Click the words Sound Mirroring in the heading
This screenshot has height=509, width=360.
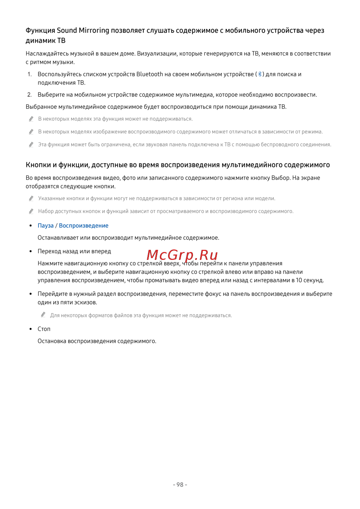pos(83,31)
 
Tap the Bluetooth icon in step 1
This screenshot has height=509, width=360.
pos(260,74)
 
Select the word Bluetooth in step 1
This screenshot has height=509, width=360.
pos(150,74)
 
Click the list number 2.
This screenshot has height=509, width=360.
pos(30,95)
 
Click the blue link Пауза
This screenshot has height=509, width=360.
pos(46,226)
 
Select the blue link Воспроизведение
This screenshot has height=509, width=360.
pos(84,226)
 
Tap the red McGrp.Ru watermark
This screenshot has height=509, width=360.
pos(182,255)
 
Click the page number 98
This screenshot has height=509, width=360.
pos(180,485)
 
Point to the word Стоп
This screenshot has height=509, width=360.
pos(44,329)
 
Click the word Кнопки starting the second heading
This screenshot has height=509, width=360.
pos(38,165)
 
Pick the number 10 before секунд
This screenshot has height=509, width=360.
pos(299,280)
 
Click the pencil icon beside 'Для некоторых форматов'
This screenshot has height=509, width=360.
pos(43,315)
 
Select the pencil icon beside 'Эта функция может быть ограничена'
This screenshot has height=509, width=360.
pos(31,144)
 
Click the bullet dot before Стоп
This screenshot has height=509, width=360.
pos(31,329)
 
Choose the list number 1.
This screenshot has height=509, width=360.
pos(30,74)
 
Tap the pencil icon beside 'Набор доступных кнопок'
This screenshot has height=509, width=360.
pos(31,211)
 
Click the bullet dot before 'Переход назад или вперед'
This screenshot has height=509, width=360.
pos(31,251)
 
